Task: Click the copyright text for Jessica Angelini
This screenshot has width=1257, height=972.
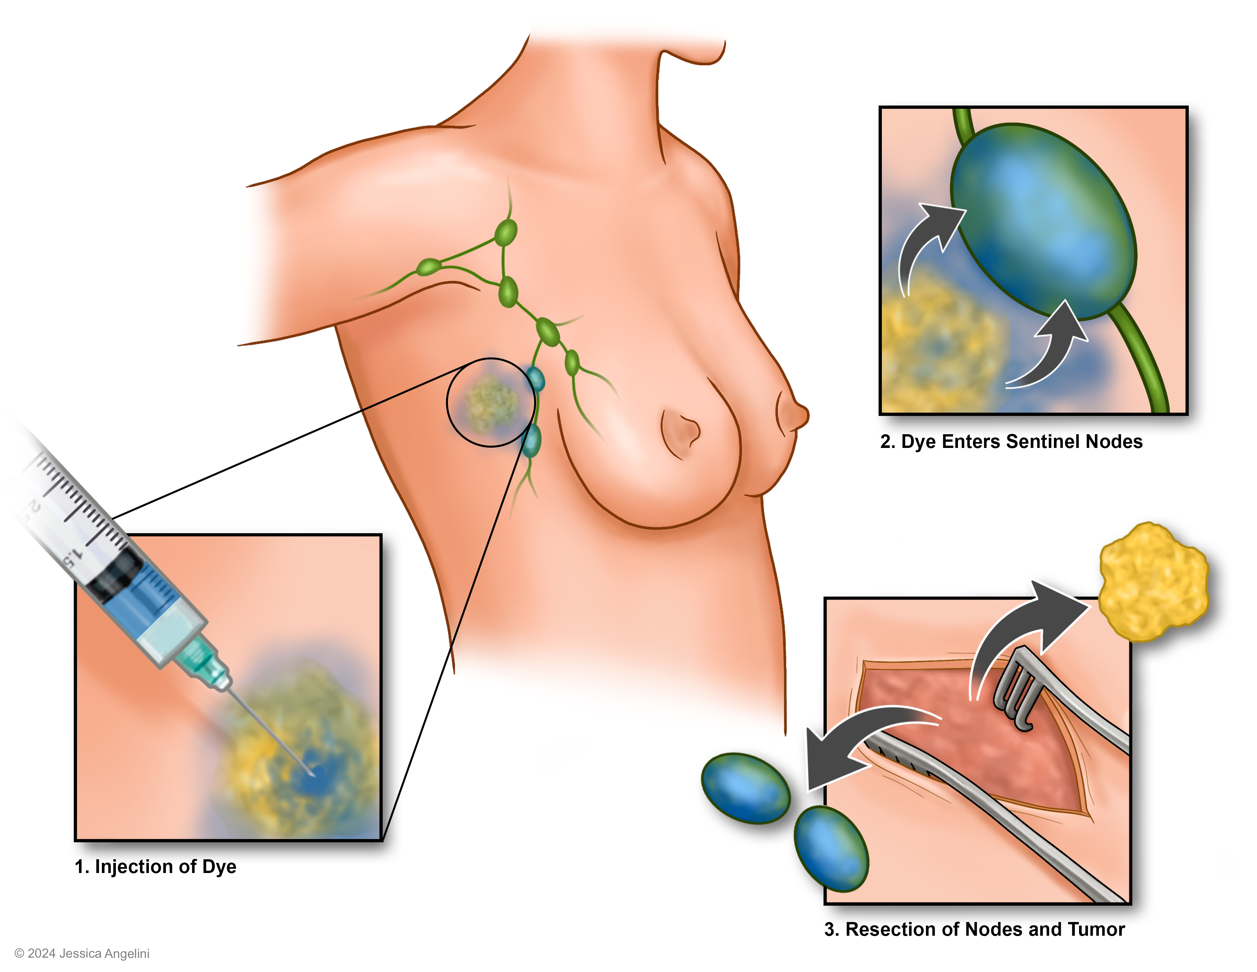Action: tap(82, 954)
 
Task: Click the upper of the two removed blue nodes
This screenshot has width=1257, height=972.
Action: tap(745, 787)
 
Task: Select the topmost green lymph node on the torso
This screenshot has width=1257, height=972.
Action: tap(506, 232)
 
